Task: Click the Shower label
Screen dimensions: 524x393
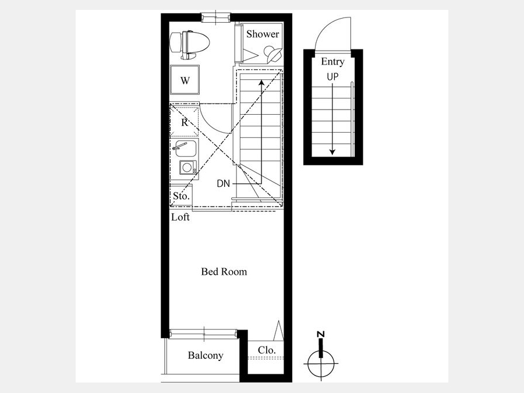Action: [x=263, y=34]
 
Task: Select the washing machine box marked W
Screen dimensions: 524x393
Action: [x=185, y=80]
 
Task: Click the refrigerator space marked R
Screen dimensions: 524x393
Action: [x=185, y=122]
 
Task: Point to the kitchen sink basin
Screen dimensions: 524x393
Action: [x=185, y=148]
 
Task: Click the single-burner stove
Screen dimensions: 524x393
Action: [x=188, y=167]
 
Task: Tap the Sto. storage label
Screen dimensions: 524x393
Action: [x=182, y=196]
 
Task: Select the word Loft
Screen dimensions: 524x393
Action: [x=180, y=217]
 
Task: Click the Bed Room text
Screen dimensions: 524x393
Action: [x=224, y=271]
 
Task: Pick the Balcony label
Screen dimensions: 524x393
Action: [x=206, y=355]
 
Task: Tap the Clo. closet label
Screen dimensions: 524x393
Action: [x=267, y=350]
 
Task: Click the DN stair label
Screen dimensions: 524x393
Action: [x=223, y=183]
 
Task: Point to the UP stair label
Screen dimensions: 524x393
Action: [x=332, y=77]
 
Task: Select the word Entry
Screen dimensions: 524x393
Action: [x=332, y=62]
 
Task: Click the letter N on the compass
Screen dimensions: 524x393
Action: [x=320, y=335]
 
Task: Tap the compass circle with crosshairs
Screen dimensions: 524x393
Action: [x=321, y=363]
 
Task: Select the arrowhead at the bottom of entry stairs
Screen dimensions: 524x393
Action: [x=332, y=152]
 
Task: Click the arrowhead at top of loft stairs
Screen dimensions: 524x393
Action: [x=261, y=82]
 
